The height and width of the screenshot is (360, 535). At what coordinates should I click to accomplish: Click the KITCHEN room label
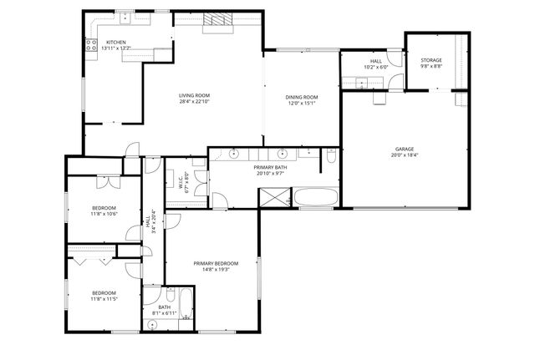116,42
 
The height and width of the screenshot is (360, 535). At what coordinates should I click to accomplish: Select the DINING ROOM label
303,97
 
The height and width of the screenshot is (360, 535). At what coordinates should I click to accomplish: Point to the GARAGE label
405,150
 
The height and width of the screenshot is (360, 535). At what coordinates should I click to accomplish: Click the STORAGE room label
431,60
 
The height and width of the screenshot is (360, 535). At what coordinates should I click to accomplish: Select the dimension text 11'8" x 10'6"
104,214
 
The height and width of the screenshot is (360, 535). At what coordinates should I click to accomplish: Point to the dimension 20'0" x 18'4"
405,155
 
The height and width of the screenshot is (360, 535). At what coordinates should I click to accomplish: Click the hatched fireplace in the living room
220,21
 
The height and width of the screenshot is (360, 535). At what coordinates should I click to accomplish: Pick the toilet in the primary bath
331,157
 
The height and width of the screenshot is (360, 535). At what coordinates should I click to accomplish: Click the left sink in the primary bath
235,155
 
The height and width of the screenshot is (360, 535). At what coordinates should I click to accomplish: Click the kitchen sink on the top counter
125,16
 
